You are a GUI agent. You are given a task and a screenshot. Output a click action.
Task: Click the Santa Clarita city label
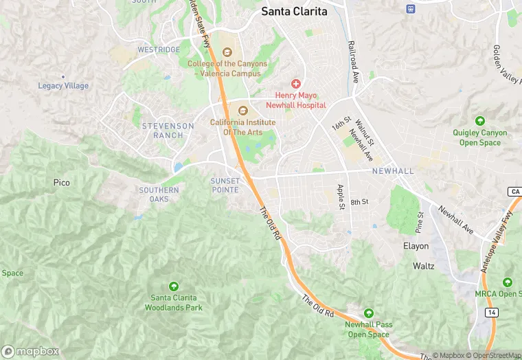point(293,11)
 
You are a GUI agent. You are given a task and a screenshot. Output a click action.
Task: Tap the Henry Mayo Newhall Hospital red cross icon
point(296,83)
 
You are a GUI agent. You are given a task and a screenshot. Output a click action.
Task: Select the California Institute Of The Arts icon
point(242,110)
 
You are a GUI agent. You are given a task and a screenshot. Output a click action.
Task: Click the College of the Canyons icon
point(227,52)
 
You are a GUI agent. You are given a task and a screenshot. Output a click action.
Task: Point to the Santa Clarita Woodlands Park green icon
point(173,286)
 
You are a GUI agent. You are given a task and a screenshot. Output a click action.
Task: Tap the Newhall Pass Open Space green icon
point(369,313)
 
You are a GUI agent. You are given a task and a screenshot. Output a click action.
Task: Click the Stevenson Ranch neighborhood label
point(163,131)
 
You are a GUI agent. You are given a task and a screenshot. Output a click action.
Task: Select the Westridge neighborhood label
point(159,49)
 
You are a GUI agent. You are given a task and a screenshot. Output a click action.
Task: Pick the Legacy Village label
point(63,86)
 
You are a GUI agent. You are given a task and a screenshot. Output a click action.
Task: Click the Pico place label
point(62,183)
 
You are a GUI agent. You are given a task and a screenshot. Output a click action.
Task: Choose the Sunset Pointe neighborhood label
point(225,185)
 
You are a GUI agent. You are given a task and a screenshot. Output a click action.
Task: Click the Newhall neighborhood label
point(393,170)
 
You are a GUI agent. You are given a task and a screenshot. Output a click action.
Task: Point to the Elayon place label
point(416,246)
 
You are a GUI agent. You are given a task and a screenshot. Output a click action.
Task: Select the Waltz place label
point(424,265)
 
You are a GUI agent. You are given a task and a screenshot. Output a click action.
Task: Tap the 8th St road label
point(360,202)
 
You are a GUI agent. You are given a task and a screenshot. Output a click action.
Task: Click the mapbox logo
point(30,351)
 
